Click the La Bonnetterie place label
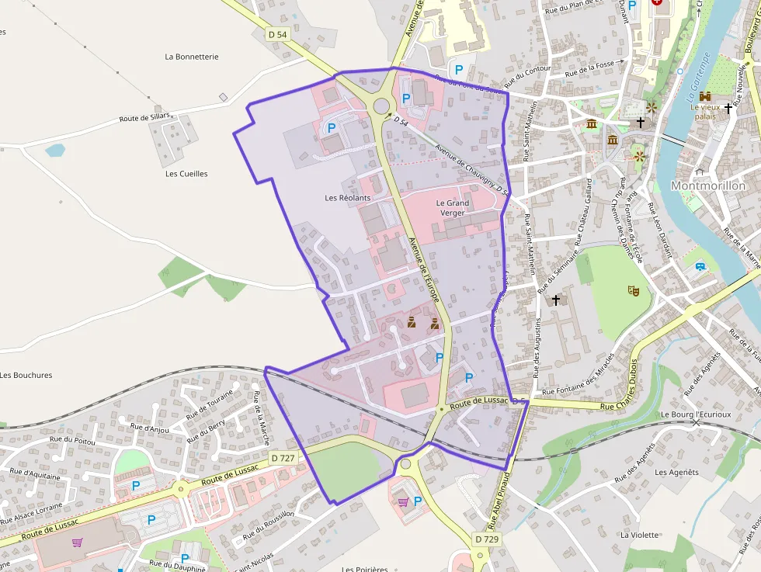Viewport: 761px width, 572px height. pos(192,57)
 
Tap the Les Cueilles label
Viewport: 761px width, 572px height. pos(186,174)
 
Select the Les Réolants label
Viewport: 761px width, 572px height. pos(347,198)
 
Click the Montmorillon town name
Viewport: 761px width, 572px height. pos(707,186)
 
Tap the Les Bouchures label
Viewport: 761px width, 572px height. pos(26,375)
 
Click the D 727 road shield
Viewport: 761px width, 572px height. pos(283,458)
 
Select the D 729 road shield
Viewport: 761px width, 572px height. pos(486,539)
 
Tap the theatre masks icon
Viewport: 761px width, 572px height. pos(634,290)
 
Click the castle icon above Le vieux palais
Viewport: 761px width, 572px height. pos(705,95)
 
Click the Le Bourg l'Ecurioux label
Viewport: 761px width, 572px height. pos(696,414)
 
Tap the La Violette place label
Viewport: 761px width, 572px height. pos(639,535)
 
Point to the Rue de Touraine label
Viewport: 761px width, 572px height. pos(209,402)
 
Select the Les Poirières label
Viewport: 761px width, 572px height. pos(365,568)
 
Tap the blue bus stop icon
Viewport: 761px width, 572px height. pos(701,266)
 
